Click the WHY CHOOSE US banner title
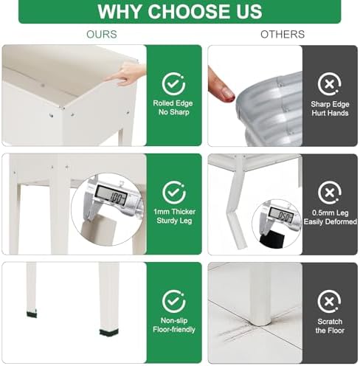point(180,11)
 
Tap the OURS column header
point(102,34)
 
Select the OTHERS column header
point(283,34)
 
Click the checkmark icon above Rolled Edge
point(173,84)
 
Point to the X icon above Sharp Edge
point(330,84)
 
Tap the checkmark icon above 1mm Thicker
point(174,193)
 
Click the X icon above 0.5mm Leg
point(330,193)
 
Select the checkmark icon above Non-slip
point(173,301)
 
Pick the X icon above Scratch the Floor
point(329,301)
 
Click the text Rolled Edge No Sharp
point(173,108)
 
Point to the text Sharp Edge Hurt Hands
point(330,108)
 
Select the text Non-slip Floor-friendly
point(174,325)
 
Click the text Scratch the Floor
point(330,326)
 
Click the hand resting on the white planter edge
point(127,74)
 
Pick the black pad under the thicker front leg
point(108,332)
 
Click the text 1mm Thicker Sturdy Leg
point(174,216)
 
